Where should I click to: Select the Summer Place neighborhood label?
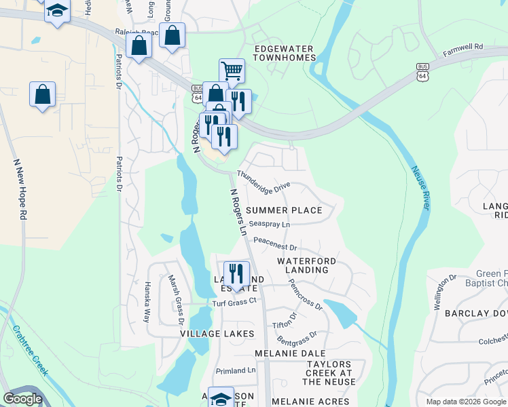(x=284, y=210)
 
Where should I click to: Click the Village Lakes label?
(x=217, y=334)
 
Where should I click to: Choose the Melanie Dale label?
(x=286, y=353)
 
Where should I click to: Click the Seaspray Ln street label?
(x=270, y=223)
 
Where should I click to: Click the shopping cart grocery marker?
(x=232, y=70)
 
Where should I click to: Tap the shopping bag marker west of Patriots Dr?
(x=42, y=94)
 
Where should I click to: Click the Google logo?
(x=22, y=399)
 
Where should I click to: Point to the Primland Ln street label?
(x=235, y=370)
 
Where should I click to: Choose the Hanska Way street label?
(x=147, y=301)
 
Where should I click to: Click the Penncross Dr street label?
(x=305, y=293)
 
